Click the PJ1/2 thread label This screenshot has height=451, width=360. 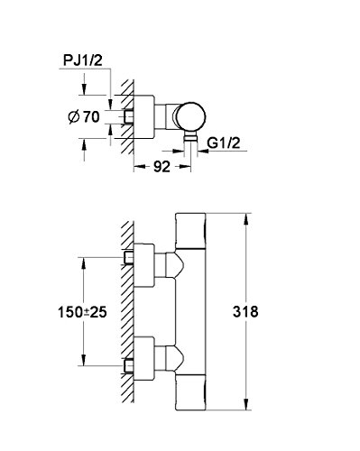[83, 60]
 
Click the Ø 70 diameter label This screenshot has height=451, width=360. [84, 116]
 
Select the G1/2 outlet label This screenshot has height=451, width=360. [224, 143]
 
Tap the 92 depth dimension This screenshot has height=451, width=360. [162, 167]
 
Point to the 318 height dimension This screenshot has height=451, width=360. [245, 312]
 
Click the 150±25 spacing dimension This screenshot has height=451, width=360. [82, 312]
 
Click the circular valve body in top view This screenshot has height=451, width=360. [191, 117]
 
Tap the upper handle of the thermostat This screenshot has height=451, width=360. [190, 231]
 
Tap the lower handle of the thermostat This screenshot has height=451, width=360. [190, 392]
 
